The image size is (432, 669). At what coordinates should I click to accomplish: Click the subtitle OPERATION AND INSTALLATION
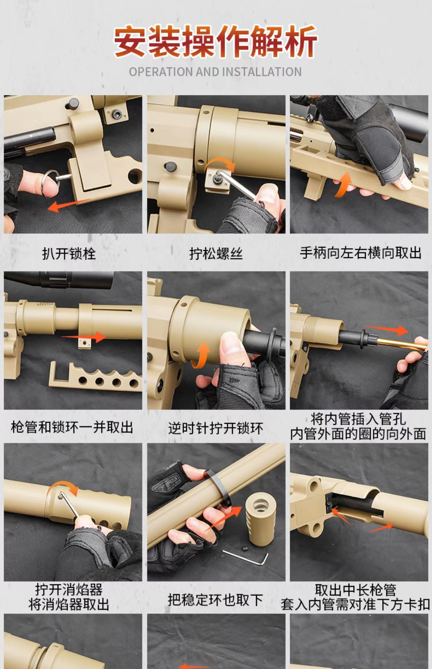pos(215,72)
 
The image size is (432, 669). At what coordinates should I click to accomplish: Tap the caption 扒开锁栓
pos(69,253)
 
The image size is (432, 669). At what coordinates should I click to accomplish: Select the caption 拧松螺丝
pos(216,253)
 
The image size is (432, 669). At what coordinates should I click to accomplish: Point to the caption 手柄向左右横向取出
pos(361,253)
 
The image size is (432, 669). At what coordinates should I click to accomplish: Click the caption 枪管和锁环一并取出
pos(72,427)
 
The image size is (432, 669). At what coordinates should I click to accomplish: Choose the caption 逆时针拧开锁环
pos(216,428)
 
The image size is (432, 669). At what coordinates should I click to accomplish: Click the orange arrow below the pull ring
pos(68,205)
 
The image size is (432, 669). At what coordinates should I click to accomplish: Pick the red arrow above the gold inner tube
pos(387,329)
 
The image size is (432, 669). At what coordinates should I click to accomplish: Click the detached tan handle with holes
pos(94,378)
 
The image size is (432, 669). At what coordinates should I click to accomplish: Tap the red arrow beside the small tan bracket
pos(84,337)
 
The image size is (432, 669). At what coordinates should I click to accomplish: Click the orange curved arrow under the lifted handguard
pos(343,185)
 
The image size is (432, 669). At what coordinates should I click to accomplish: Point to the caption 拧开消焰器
pos(69,590)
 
